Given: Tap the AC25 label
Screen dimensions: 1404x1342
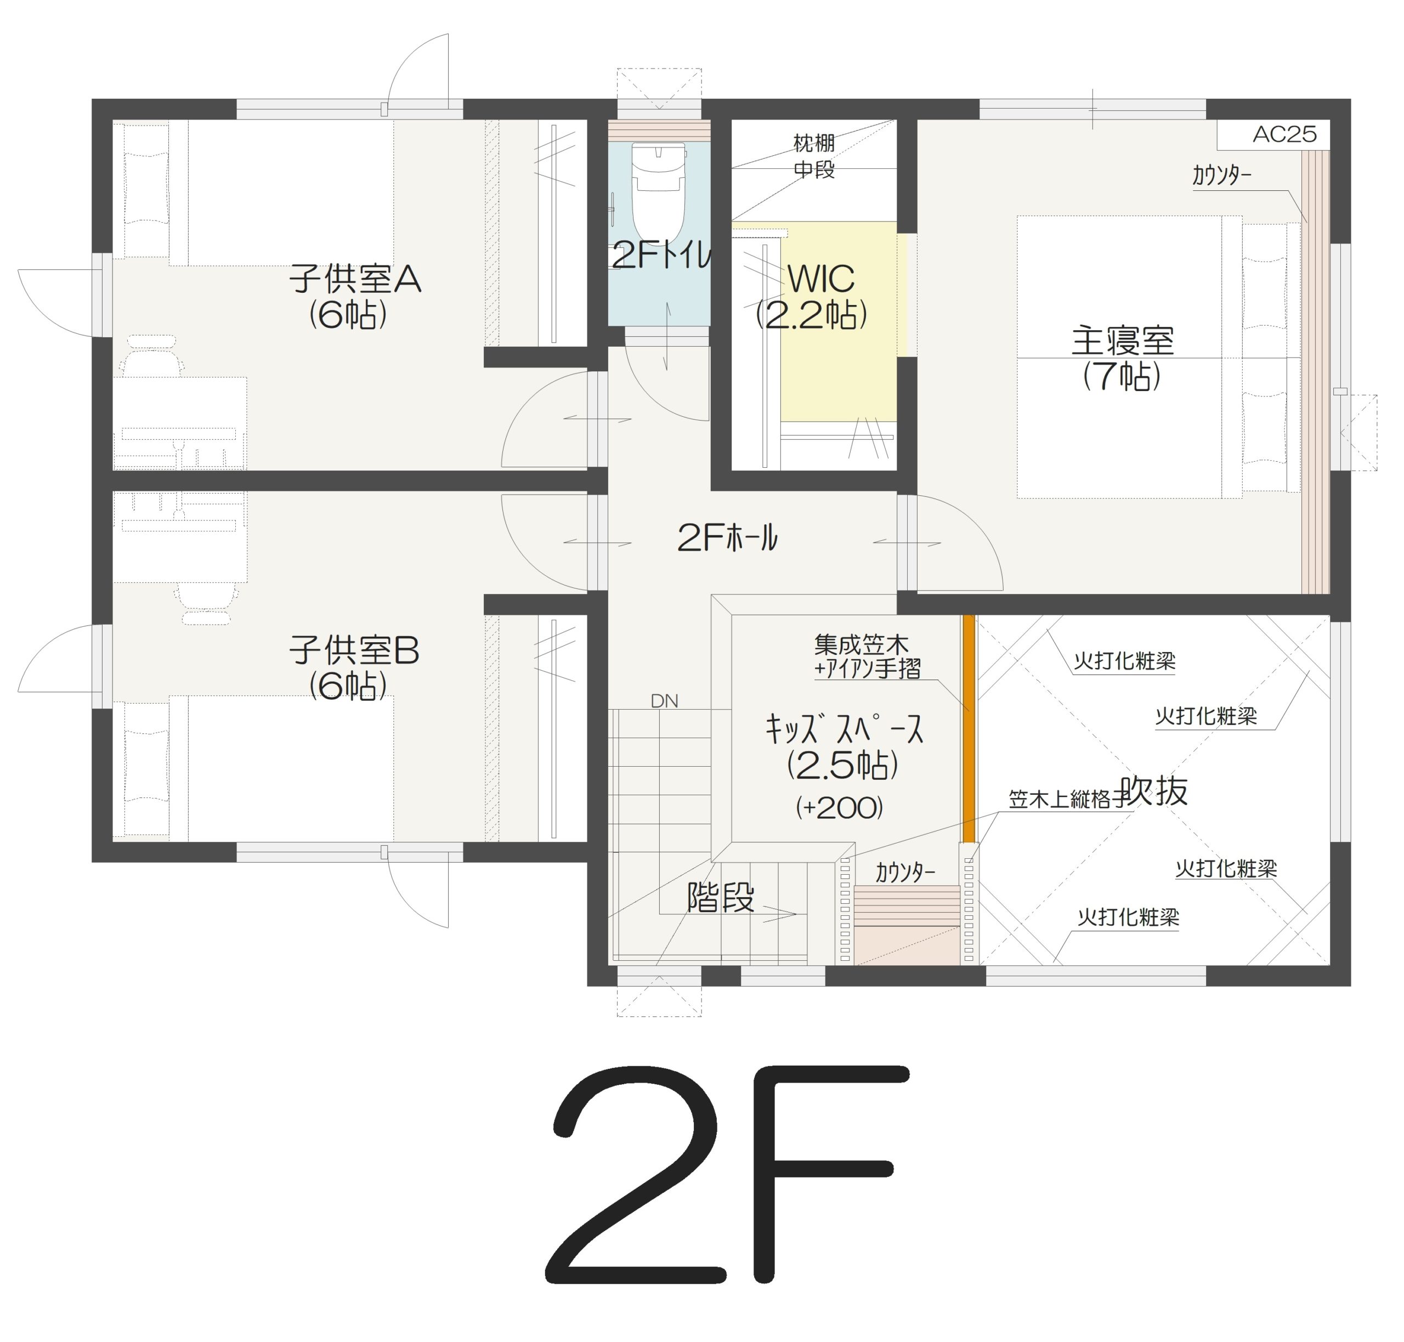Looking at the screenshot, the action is tap(1284, 134).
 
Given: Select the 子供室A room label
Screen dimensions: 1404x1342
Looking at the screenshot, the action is tap(355, 279).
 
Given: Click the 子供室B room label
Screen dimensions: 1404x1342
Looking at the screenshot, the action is tap(354, 650).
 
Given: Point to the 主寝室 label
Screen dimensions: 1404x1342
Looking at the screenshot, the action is tap(1122, 341).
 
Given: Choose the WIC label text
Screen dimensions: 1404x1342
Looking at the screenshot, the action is tap(821, 279).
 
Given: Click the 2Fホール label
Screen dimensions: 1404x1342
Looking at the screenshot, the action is tap(727, 537).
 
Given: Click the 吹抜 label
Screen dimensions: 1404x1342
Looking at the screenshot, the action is tap(1154, 791).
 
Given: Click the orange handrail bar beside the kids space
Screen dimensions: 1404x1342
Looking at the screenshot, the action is tap(969, 728).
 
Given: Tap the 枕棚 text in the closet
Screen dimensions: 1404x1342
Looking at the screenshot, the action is tap(814, 143).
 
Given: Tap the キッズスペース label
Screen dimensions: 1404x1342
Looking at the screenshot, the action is tap(844, 729).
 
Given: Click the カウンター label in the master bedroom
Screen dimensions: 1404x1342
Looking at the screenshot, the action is tap(1221, 175).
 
